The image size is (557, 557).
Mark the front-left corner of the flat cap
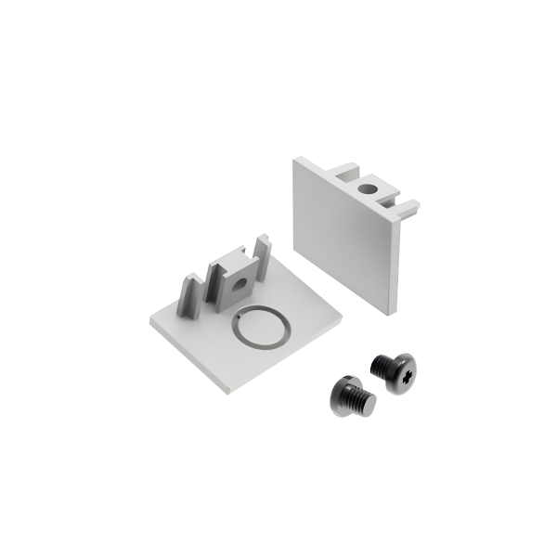(149, 324)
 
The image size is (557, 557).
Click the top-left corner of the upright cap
(295, 159)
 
